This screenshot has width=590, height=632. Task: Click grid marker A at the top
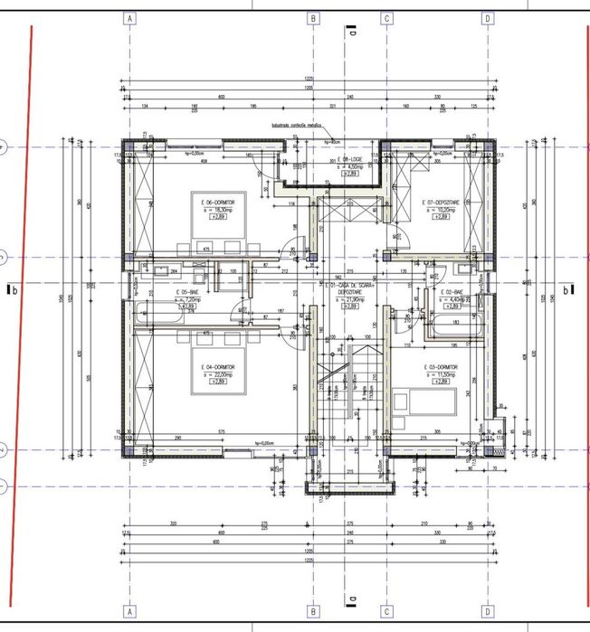[131, 17]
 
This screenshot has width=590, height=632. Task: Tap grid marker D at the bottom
[488, 611]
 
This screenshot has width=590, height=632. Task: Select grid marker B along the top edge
[312, 17]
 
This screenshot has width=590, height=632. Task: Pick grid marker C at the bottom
[386, 611]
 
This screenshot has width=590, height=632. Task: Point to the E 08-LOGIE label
[345, 159]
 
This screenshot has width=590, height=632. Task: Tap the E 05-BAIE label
[188, 293]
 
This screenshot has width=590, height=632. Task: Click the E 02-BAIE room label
[453, 293]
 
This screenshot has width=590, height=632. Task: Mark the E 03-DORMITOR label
[441, 367]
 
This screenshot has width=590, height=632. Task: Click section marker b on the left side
[13, 290]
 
